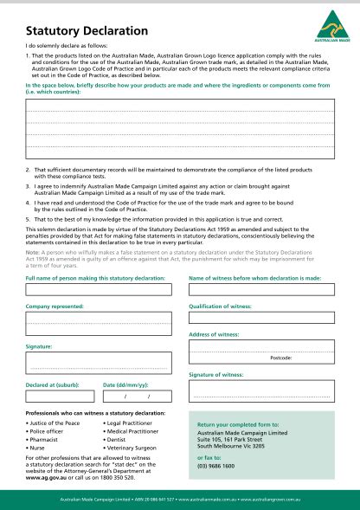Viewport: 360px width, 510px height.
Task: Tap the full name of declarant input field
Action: click(94, 290)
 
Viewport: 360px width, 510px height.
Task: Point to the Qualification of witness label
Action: click(220, 307)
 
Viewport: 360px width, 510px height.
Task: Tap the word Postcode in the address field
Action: click(281, 357)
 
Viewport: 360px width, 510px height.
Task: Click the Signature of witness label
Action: click(216, 374)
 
